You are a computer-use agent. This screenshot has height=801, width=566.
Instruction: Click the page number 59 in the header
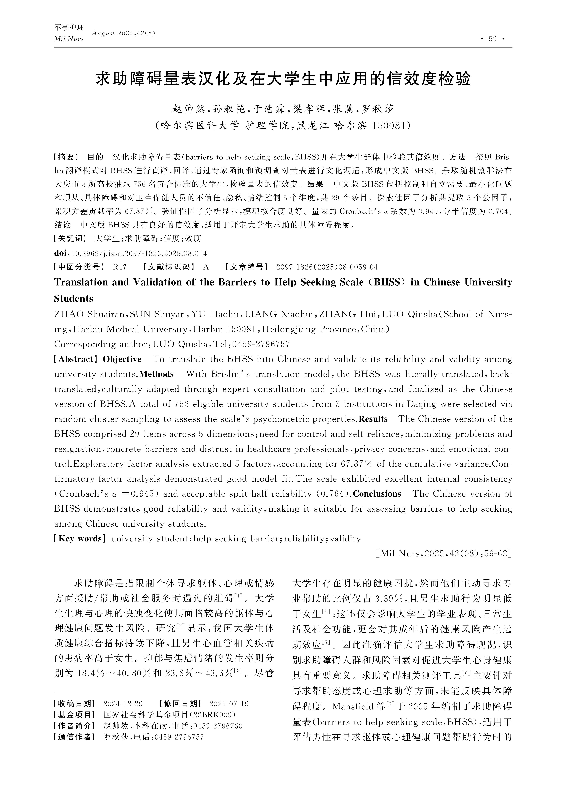492,39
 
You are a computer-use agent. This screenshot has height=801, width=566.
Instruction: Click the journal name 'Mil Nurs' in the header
69,39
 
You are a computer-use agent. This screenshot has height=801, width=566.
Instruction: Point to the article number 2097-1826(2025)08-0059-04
327,267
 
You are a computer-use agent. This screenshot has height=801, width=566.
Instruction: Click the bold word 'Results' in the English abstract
373,419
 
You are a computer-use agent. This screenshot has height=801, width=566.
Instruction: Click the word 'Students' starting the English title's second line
74,299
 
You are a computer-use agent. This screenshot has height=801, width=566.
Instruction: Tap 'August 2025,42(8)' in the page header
123,33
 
